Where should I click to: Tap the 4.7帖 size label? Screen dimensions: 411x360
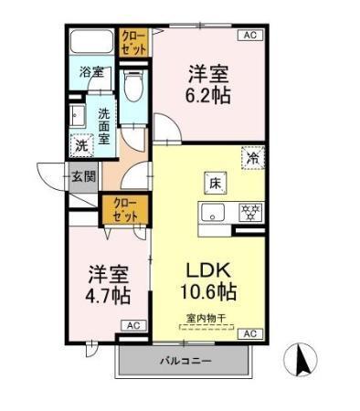tap(109, 295)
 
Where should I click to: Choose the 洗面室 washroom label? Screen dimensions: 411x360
tap(105, 128)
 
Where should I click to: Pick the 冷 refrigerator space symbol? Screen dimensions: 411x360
tap(251, 158)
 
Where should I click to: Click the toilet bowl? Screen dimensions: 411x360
tap(133, 89)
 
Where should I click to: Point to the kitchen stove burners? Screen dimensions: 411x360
tap(248, 213)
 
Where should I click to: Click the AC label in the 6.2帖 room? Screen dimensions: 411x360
tap(249, 35)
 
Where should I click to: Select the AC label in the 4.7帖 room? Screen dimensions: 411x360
tap(132, 325)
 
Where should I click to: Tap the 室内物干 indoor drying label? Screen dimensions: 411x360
tap(207, 319)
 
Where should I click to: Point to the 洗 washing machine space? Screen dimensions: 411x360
tap(81, 144)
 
